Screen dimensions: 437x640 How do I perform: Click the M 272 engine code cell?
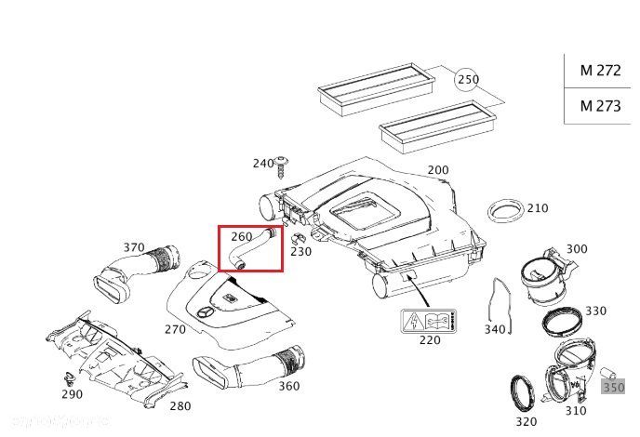coord(600,71)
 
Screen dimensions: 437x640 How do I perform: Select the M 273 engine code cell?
coord(600,105)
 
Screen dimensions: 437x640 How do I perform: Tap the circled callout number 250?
coord(468,80)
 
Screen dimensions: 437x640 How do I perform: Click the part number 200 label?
coord(437,170)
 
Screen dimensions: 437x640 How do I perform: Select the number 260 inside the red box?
coord(242,237)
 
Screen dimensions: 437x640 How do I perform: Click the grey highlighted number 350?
coord(614,386)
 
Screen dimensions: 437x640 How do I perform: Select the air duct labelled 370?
coord(130,274)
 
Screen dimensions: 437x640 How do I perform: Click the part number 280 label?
coord(180,405)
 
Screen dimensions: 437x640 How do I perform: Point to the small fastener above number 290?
coord(68,377)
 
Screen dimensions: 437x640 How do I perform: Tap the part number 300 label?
coord(577,248)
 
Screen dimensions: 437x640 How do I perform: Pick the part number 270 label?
coord(176,328)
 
